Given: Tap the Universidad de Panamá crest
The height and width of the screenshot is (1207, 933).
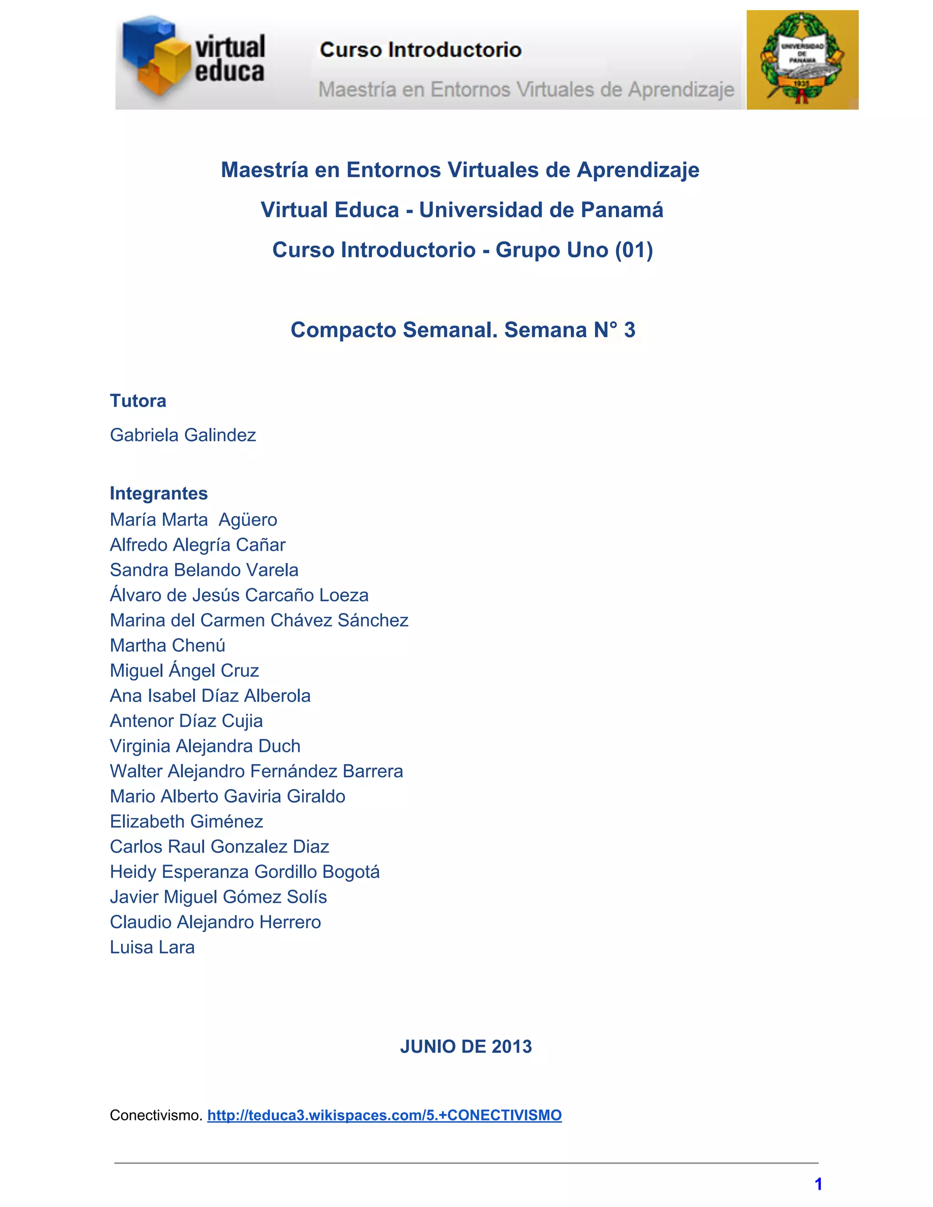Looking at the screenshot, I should (x=802, y=60).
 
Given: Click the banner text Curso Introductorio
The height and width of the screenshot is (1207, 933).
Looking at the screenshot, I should (x=420, y=50).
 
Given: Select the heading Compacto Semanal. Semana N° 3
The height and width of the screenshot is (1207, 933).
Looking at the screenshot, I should (x=463, y=330).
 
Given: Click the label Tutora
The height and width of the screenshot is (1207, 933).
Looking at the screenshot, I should (x=138, y=401).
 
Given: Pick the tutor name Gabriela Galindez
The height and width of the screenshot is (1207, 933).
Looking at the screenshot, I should (x=183, y=435).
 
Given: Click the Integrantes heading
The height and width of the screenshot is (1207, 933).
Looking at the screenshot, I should (x=159, y=493).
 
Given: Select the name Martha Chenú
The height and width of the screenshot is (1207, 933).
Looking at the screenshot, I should (x=168, y=645).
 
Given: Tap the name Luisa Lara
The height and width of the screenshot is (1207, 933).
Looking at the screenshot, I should (x=152, y=947).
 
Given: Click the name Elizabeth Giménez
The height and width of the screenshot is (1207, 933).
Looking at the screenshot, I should (x=186, y=821).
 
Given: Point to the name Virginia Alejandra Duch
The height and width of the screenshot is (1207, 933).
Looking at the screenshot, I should (x=205, y=746).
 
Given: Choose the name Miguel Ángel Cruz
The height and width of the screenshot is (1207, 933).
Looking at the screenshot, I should (x=184, y=670).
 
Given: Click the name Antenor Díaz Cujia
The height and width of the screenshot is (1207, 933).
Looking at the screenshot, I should (x=186, y=721).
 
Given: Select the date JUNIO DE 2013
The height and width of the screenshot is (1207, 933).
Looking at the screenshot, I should (x=466, y=1046).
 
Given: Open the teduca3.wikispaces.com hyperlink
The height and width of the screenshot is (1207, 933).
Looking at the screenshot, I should (x=384, y=1115).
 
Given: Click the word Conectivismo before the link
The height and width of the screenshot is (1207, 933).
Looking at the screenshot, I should (x=156, y=1115).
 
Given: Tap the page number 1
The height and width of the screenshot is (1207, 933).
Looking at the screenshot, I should (x=819, y=1184).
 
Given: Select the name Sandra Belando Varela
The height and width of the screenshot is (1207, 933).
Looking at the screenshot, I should (x=204, y=570).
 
